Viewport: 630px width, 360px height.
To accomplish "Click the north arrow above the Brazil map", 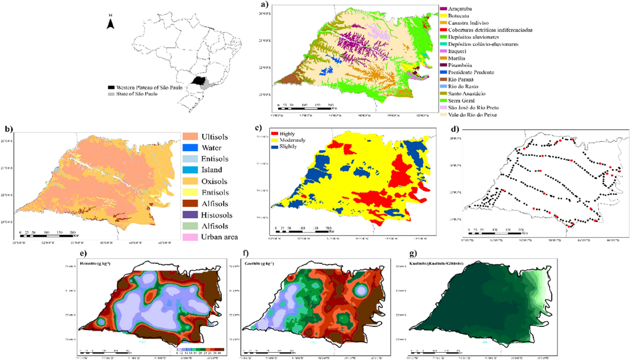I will pos(110,22).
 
